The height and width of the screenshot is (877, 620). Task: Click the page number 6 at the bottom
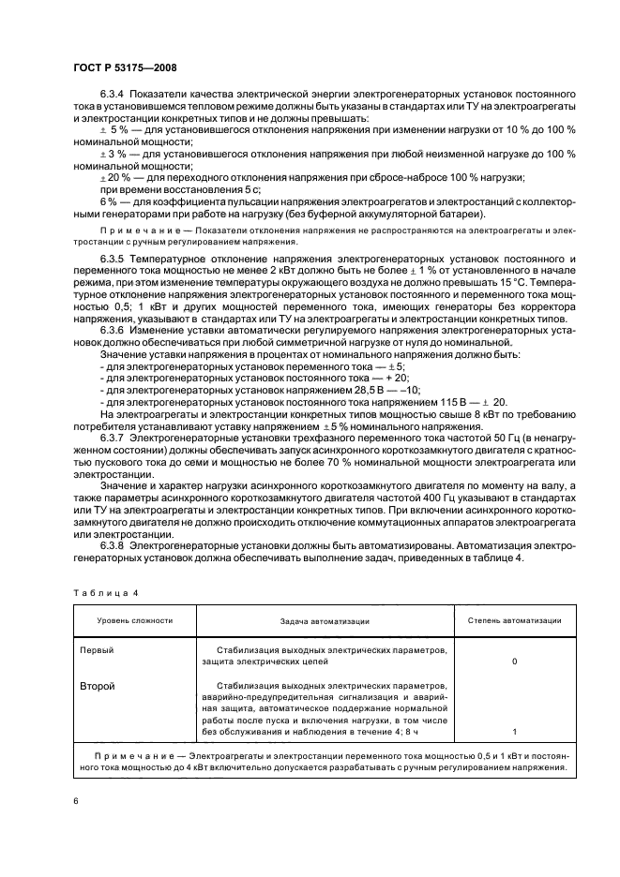point(76,801)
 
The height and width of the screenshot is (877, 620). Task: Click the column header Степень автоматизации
point(514,620)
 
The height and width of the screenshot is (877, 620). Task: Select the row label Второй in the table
point(98,685)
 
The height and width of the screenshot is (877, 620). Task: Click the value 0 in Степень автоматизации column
point(514,661)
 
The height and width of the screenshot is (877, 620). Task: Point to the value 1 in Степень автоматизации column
point(514,731)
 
